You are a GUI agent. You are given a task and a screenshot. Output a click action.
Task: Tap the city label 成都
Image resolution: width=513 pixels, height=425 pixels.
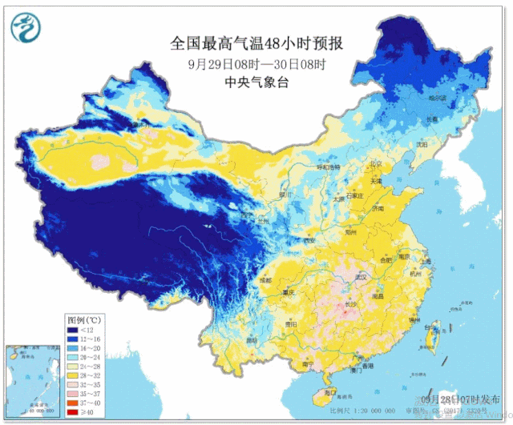click(265, 280)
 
